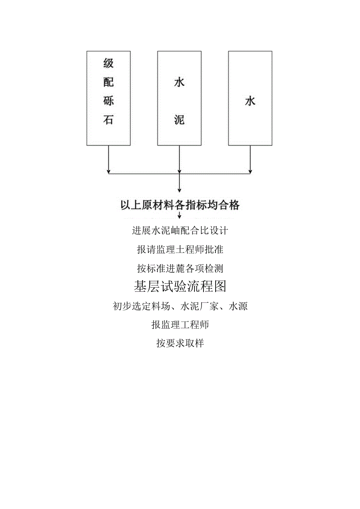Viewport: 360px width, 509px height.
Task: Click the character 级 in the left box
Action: coord(108,63)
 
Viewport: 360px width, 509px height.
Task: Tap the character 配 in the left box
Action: coord(108,82)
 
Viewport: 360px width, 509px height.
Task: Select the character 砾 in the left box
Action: coord(108,101)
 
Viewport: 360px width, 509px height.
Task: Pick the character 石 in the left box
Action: coord(108,120)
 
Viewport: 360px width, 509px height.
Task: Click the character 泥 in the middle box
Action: coord(179,120)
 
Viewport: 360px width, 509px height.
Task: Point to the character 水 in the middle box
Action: coord(179,83)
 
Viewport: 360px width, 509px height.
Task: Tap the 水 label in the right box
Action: coord(250,101)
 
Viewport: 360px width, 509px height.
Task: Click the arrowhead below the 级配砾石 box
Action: coord(108,171)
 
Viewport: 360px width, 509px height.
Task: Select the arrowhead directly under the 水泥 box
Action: coord(179,171)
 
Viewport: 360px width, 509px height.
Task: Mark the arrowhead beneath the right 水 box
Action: coord(250,171)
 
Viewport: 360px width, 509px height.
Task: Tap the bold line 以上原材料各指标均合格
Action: coord(180,205)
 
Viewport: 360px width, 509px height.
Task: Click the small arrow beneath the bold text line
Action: coord(179,216)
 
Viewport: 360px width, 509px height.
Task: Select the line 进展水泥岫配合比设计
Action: coord(180,230)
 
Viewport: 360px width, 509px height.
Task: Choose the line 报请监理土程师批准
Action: coord(180,249)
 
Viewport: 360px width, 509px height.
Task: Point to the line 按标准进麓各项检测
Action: coord(180,268)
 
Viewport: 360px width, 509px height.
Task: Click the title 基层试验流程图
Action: coord(180,287)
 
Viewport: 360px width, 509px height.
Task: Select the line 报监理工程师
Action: coord(180,325)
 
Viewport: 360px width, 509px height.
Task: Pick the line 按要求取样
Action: coord(180,344)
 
